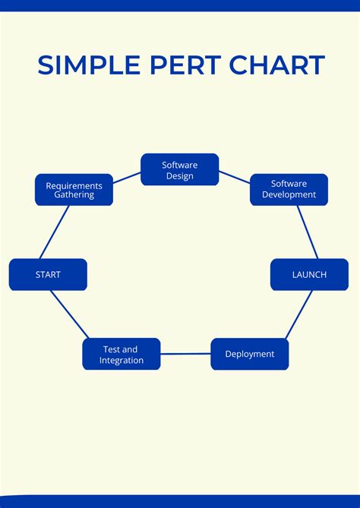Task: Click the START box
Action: pos(48,275)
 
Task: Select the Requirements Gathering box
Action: pos(74,190)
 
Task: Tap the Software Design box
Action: pos(179,170)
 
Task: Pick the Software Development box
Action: pos(289,190)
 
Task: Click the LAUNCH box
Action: pos(309,275)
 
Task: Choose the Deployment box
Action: pos(249,354)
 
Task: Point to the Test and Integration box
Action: pos(122,355)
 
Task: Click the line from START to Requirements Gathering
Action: pos(54,232)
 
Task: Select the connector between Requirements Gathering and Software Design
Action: pos(127,177)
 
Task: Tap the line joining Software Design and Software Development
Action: pos(235,178)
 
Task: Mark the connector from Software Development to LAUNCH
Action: pos(307,232)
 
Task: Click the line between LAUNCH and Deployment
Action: pos(298,314)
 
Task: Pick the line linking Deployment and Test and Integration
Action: pos(185,354)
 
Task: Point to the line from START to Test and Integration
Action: pos(70,314)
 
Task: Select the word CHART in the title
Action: pos(276,65)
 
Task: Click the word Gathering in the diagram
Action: pos(74,195)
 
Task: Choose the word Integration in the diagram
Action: pos(122,360)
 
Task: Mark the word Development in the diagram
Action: pos(289,195)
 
